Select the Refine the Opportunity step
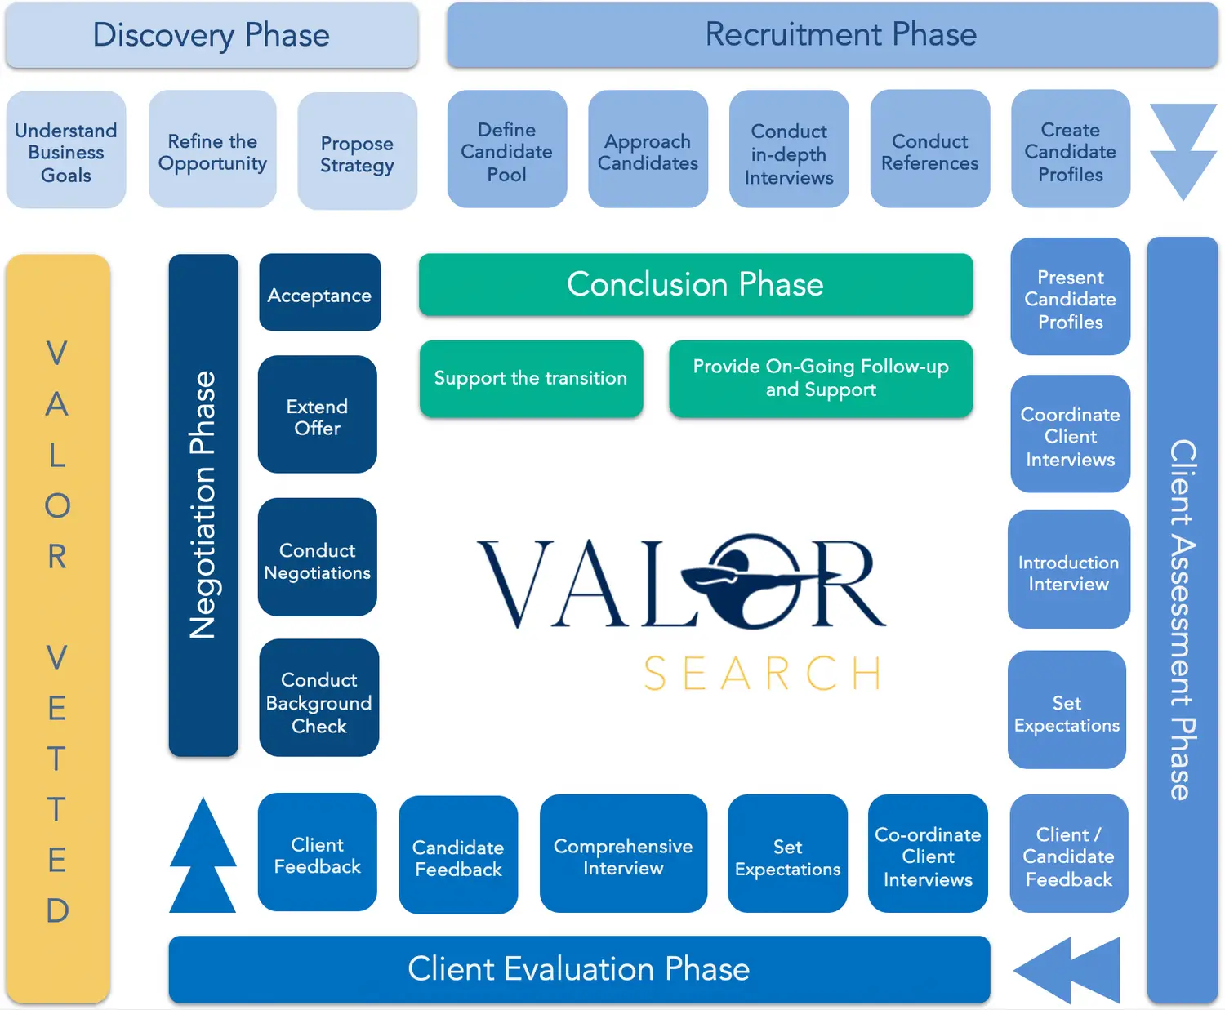[212, 151]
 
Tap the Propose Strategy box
[357, 153]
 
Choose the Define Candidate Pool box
[506, 151]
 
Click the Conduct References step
[929, 151]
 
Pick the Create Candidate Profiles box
[1070, 151]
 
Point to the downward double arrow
[1183, 151]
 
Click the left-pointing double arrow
[1067, 970]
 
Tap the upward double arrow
[203, 856]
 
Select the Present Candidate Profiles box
[1070, 298]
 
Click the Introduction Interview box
[1068, 572]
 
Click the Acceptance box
[319, 294]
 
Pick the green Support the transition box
[531, 379]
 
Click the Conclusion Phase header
[695, 285]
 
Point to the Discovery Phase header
[212, 35]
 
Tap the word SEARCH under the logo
[763, 674]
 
